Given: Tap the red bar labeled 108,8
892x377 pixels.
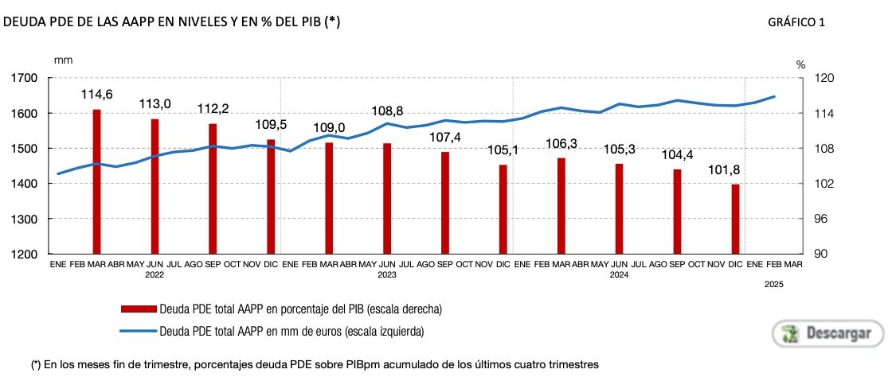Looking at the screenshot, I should pyautogui.click(x=386, y=198).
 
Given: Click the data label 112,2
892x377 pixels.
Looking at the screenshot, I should pyautogui.click(x=213, y=109).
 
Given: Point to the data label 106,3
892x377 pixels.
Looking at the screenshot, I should pyautogui.click(x=561, y=143).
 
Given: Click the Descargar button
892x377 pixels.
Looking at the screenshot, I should pyautogui.click(x=827, y=333).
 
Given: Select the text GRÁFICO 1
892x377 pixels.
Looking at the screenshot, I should pyautogui.click(x=796, y=23).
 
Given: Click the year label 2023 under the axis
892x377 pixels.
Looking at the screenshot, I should pyautogui.click(x=386, y=274).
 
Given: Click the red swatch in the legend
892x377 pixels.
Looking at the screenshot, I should pyautogui.click(x=138, y=309).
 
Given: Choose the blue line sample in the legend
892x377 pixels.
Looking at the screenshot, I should pyautogui.click(x=138, y=330).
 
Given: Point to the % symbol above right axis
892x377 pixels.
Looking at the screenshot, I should pyautogui.click(x=801, y=64).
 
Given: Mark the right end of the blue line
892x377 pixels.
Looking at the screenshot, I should pyautogui.click(x=775, y=96).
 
